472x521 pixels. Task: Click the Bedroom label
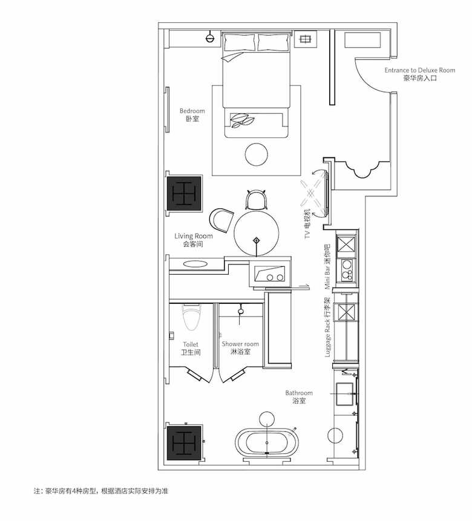coord(192,114)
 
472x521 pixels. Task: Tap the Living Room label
coord(194,240)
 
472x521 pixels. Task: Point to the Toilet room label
coord(191,348)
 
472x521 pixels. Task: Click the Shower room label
coord(240,347)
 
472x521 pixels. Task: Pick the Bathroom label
coord(299,397)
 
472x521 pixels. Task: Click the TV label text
coord(307,224)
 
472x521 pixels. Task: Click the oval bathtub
coord(267,443)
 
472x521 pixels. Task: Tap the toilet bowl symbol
coord(192,317)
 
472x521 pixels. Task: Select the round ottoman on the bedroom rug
coord(257,154)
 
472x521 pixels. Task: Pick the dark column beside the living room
coord(184,194)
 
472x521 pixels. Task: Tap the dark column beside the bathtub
coord(184,442)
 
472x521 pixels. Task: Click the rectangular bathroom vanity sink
coord(345,394)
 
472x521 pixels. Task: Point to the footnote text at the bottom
coord(100,491)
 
